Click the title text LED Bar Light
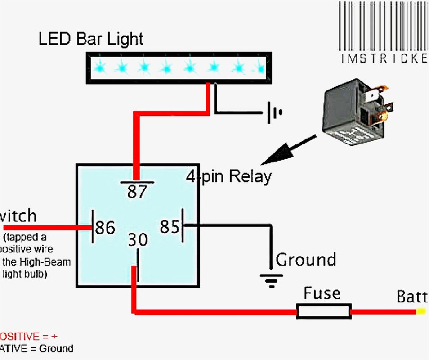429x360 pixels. (91, 39)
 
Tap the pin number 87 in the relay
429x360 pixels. (137, 192)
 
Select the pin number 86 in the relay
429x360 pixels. (105, 228)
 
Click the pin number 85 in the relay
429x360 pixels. (170, 227)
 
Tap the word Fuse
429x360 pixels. (322, 293)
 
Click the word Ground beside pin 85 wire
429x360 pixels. (306, 260)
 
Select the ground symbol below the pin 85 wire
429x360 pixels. (270, 280)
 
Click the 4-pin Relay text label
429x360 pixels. (229, 176)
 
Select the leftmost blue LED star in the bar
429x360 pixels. (100, 67)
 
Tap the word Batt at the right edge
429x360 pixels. (411, 297)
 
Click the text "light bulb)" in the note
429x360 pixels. (25, 274)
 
